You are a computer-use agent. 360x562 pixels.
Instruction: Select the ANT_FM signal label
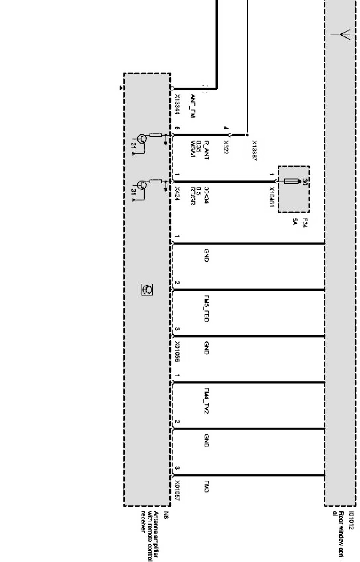click(193, 106)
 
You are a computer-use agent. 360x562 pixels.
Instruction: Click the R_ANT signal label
click(207, 150)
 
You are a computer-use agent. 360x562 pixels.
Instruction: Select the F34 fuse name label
click(305, 223)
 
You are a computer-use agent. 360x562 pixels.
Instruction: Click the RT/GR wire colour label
click(193, 196)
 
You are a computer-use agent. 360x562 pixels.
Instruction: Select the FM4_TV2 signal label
click(207, 400)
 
